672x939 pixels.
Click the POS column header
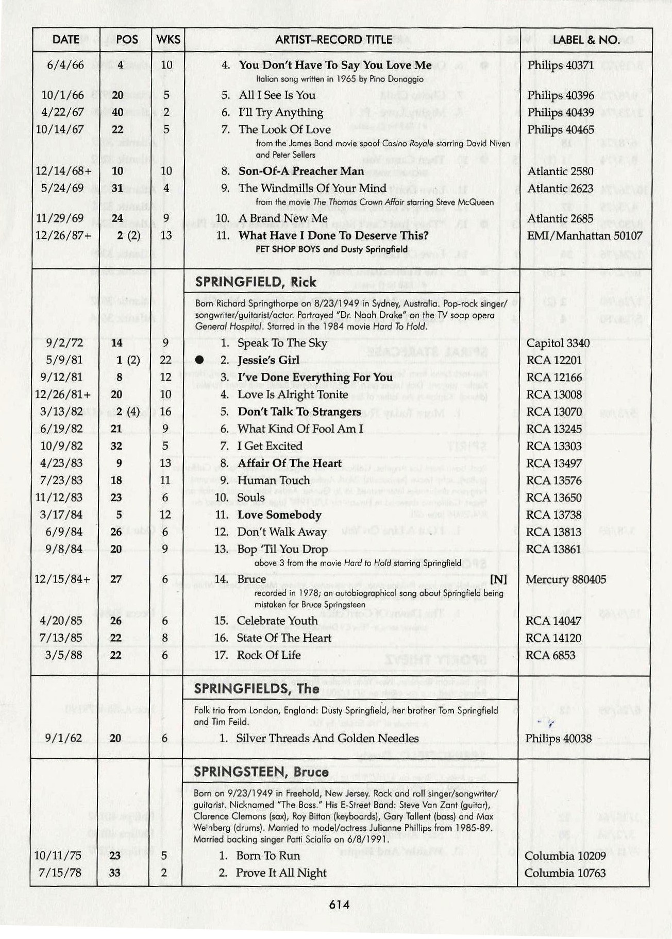[x=127, y=40]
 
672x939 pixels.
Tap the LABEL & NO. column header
[x=586, y=40]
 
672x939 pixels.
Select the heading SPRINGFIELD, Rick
[x=256, y=282]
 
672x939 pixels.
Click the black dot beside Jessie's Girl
[x=199, y=360]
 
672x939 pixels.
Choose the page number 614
[x=339, y=905]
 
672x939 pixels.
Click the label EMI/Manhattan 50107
[x=584, y=236]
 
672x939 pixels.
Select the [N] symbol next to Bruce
[x=498, y=579]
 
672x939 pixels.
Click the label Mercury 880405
[x=566, y=579]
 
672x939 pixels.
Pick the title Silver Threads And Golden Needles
[x=327, y=739]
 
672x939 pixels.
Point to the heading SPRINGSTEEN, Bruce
[x=261, y=772]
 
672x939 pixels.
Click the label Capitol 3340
[x=558, y=343]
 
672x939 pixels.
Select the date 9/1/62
[x=63, y=739]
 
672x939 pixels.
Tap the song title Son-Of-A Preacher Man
[x=301, y=172]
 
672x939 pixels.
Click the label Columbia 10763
[x=565, y=873]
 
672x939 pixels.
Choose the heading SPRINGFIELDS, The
[x=256, y=689]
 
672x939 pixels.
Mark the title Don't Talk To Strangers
[x=299, y=412]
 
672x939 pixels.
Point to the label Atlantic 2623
[x=560, y=189]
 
